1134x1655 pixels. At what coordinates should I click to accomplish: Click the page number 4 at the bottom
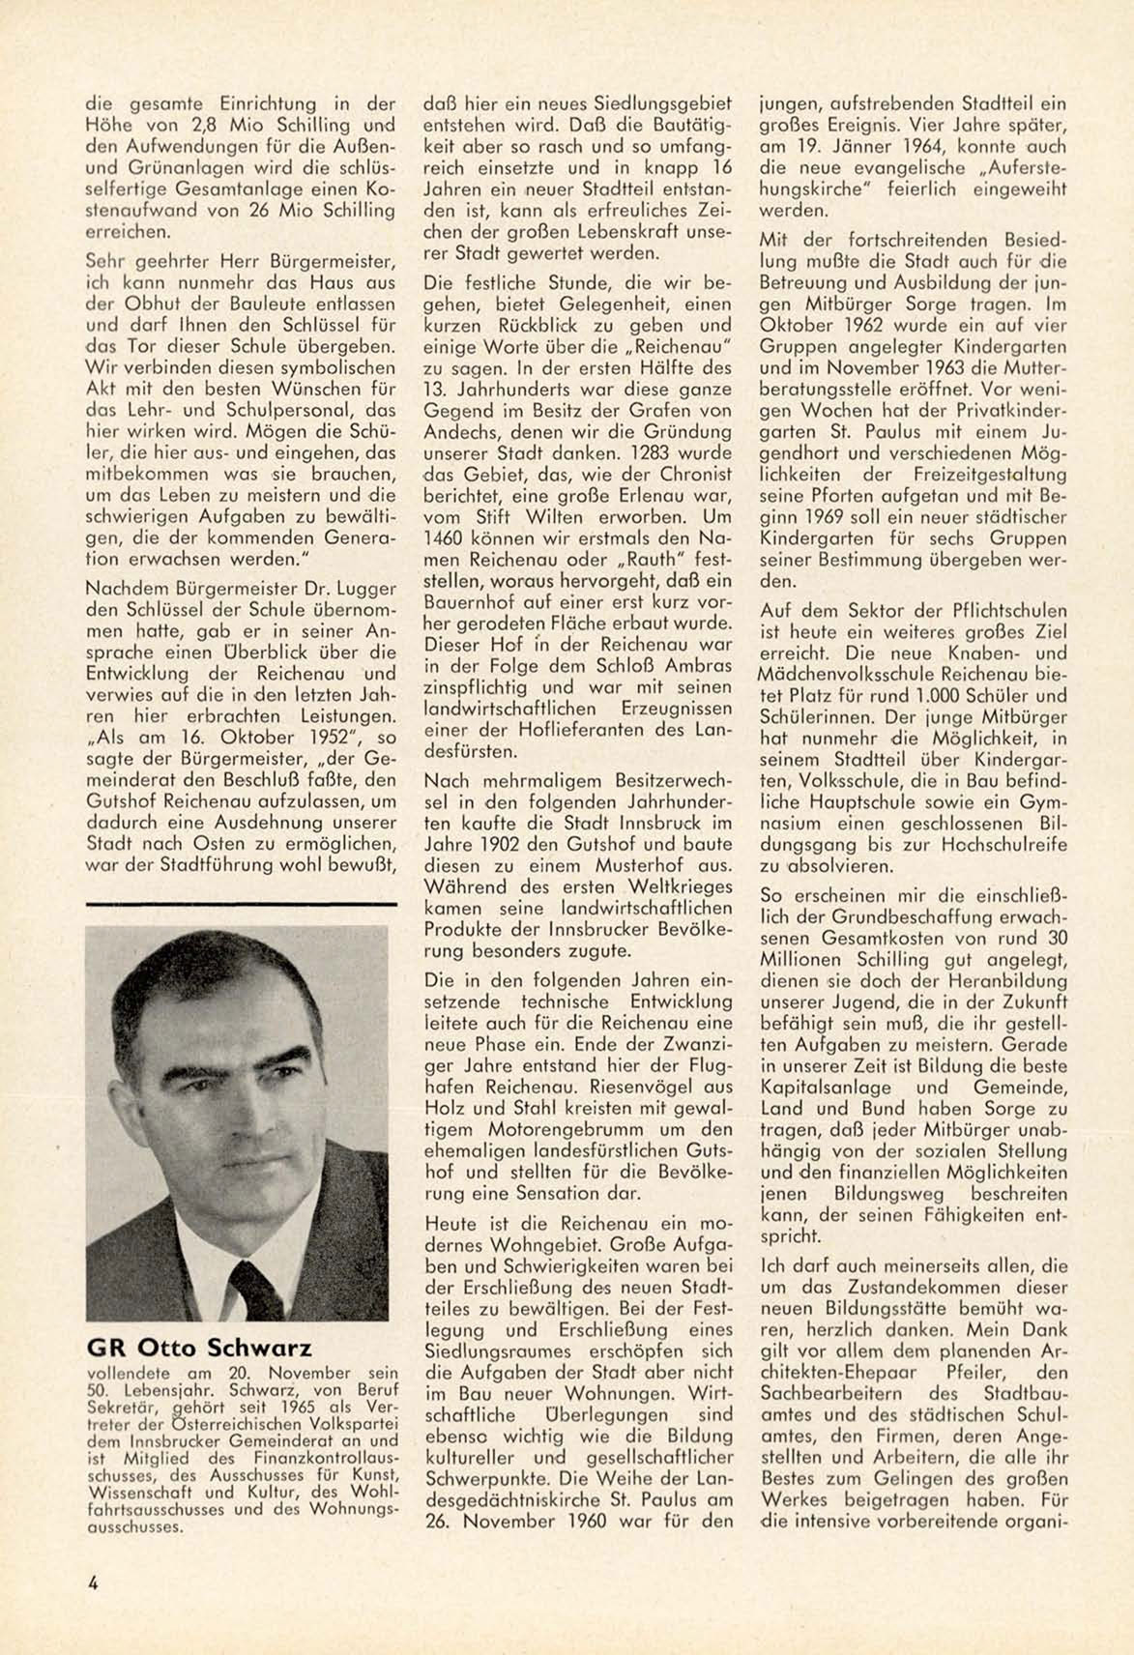pos(93,1582)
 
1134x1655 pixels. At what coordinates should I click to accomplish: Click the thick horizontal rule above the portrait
pos(241,904)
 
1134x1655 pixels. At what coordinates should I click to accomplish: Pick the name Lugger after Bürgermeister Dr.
pos(363,588)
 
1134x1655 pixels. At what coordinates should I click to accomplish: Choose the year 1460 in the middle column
pos(446,538)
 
